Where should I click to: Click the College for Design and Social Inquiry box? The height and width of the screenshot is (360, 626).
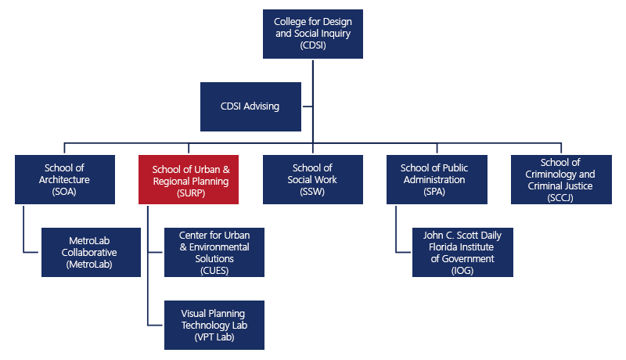pos(313,33)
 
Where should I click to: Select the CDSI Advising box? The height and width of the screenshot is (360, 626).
pos(250,106)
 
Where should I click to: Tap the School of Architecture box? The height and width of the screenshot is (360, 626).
pos(65,179)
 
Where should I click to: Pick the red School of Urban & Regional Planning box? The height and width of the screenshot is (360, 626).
pos(189,179)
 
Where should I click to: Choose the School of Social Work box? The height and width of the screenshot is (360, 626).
pos(312,179)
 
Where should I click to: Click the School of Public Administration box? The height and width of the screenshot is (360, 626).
pos(437,179)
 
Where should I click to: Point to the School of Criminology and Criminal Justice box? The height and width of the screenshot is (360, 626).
pos(561,179)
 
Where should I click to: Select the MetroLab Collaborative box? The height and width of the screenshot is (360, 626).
pos(91,252)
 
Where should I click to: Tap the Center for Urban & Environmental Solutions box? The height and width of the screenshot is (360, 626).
pos(214,252)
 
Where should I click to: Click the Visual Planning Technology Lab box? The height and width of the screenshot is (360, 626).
pos(214,325)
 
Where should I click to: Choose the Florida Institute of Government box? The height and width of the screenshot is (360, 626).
pos(462,252)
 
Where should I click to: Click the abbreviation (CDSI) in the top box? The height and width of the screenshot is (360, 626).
pos(313,45)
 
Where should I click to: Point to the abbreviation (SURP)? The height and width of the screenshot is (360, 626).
pos(189,193)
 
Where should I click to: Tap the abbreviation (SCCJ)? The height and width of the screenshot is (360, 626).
pos(561,198)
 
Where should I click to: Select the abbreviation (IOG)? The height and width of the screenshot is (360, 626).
pos(462,271)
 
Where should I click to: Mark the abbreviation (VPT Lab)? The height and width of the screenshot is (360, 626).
pos(214,337)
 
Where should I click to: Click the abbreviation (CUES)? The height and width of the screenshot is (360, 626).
pos(214,271)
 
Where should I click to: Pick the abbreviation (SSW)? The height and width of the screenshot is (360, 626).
pos(312,193)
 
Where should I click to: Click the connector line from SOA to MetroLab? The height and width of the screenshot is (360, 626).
pos(24,231)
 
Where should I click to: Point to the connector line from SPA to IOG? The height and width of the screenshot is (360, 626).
pos(397,231)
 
